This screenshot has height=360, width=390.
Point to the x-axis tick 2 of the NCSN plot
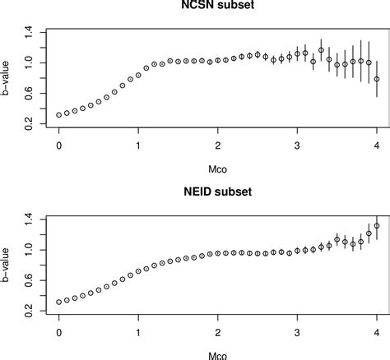click(x=218, y=145)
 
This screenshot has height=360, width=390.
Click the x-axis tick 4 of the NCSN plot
click(x=377, y=145)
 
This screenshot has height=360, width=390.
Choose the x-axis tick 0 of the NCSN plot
click(x=59, y=145)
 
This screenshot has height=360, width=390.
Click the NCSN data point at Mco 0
click(x=59, y=115)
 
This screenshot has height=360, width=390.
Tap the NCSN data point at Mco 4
click(x=377, y=80)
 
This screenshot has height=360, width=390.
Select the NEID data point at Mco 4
click(x=377, y=226)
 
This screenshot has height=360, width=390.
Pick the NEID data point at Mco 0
click(x=59, y=302)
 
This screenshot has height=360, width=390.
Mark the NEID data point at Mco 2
click(x=218, y=254)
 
